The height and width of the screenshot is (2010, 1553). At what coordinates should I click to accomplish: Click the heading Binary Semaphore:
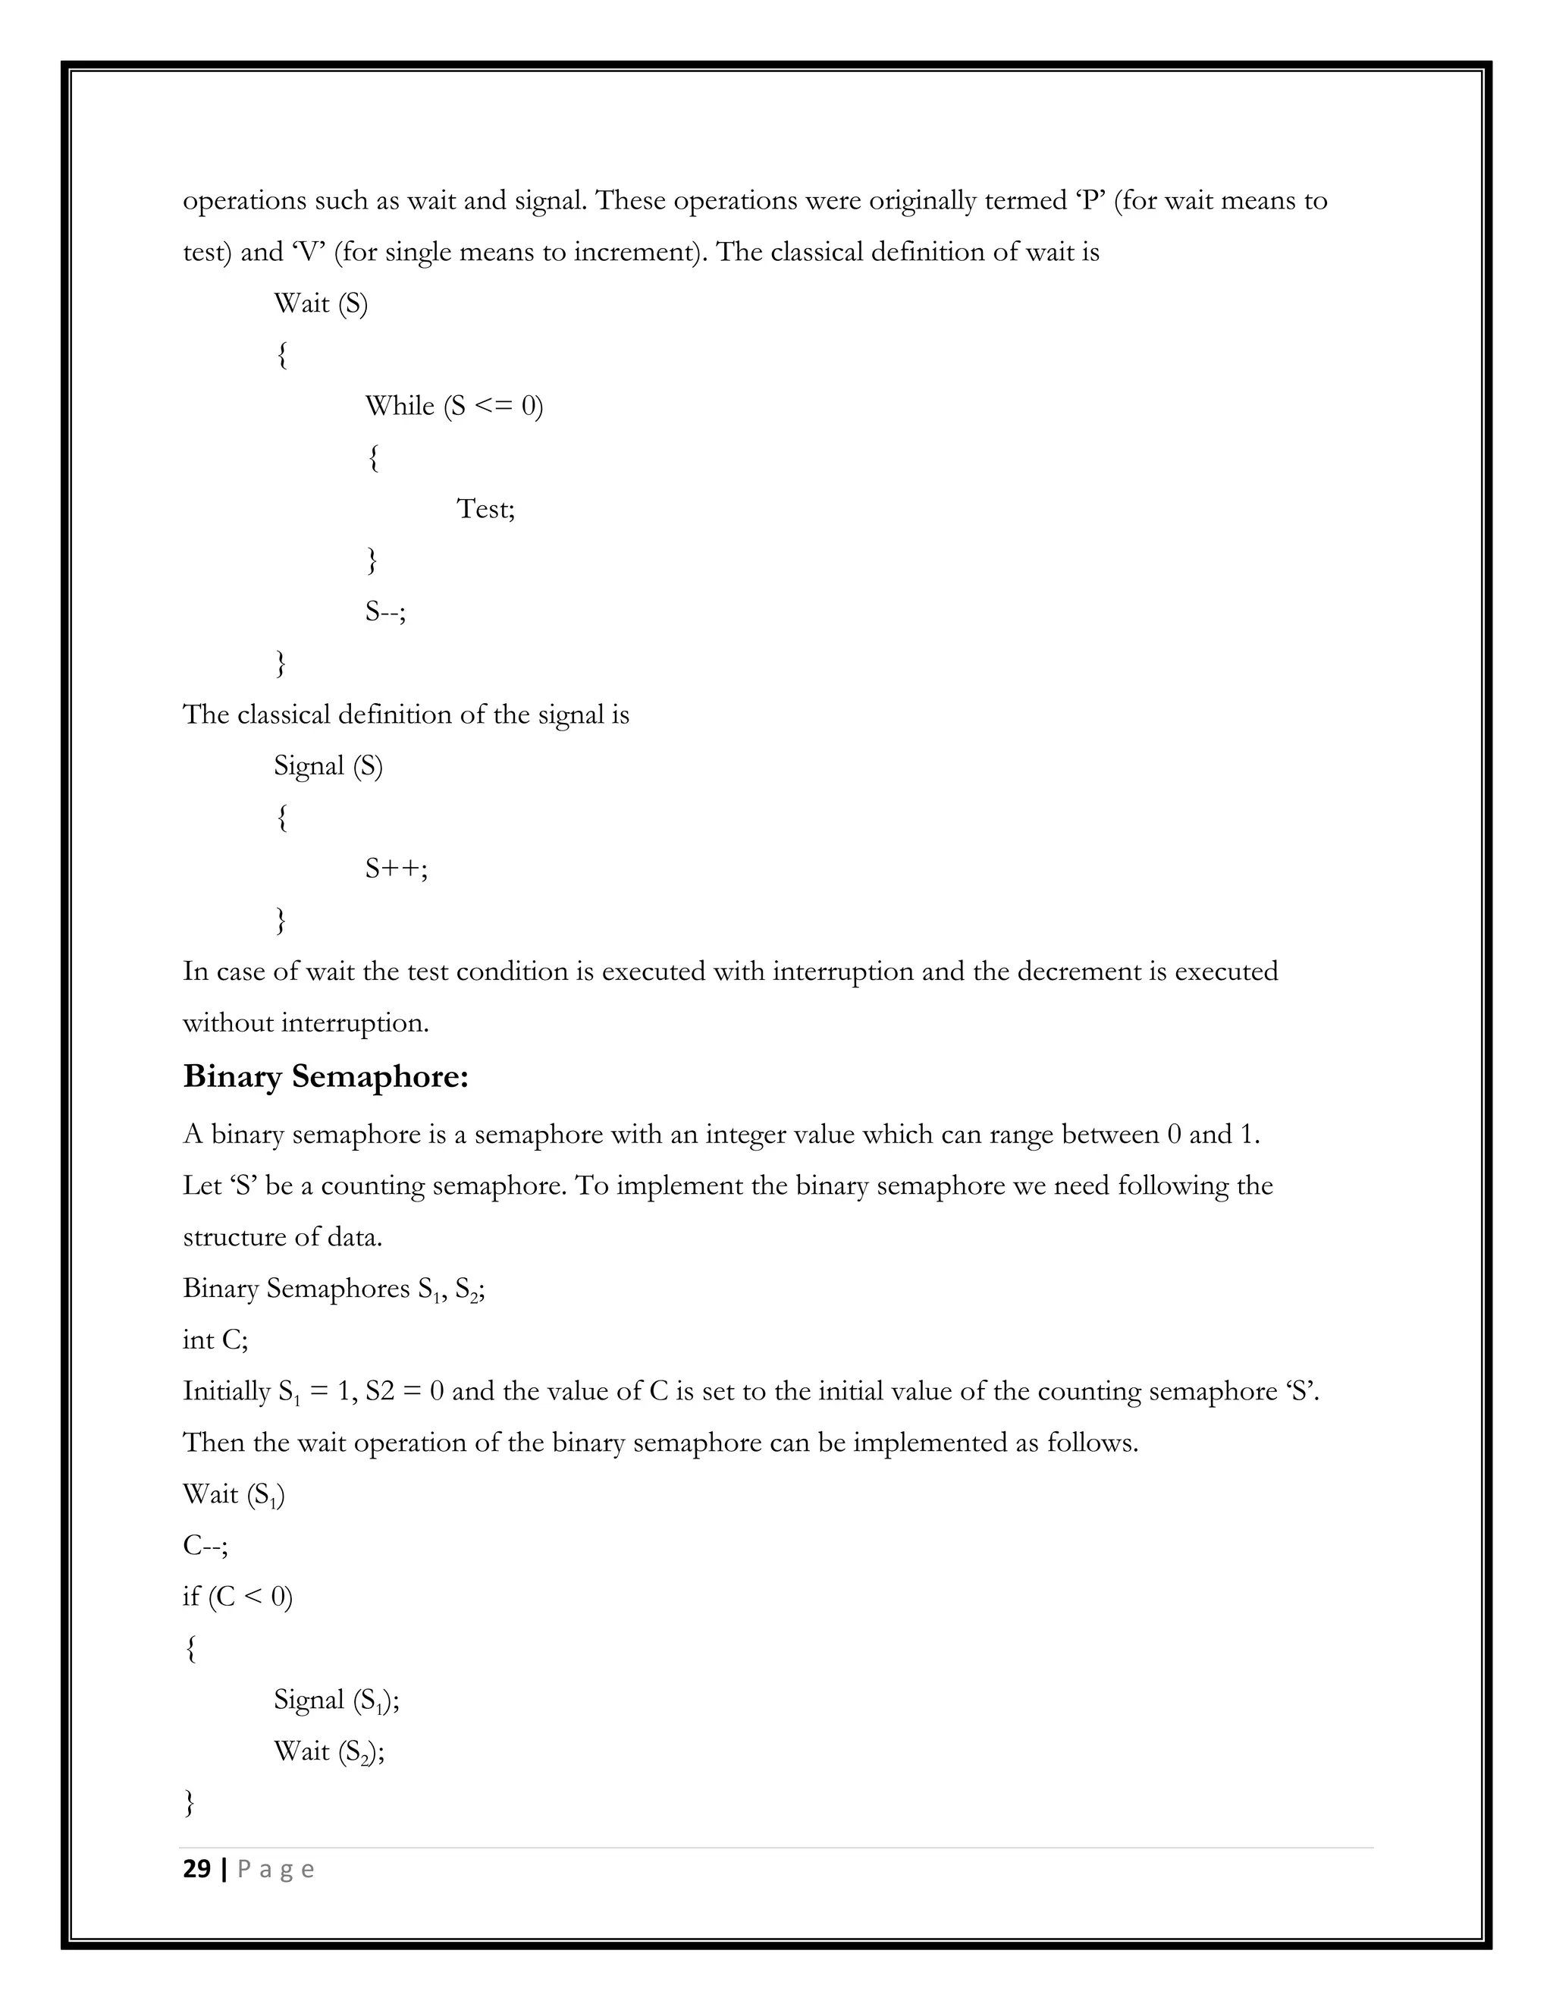[x=325, y=1076]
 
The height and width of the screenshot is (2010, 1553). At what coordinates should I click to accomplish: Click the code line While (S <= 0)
[x=453, y=406]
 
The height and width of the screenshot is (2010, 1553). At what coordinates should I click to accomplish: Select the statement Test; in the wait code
[x=486, y=509]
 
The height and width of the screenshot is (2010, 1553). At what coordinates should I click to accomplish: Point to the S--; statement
[x=385, y=611]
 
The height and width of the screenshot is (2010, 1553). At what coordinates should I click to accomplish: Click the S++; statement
[x=397, y=868]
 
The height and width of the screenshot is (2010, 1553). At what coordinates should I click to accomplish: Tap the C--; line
[x=205, y=1545]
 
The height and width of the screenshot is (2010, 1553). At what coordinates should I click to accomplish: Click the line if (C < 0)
[x=237, y=1596]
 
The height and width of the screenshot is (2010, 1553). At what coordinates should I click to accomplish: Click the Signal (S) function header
[x=328, y=766]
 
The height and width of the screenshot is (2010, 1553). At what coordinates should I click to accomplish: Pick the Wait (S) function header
[x=320, y=303]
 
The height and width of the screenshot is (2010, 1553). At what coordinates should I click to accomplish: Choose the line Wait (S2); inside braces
[x=328, y=1751]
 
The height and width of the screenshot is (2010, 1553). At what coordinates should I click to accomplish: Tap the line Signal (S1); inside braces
[x=336, y=1699]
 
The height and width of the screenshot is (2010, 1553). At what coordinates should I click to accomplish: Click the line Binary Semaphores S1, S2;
[x=334, y=1289]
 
